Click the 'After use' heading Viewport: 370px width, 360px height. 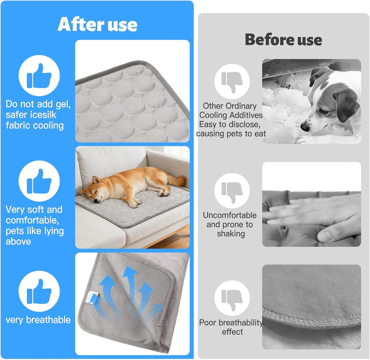point(97,24)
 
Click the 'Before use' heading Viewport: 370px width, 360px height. point(283,40)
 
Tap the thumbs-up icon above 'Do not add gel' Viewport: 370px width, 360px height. point(39,75)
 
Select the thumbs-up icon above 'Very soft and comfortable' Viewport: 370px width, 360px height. point(39,181)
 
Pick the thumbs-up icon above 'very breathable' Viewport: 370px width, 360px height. point(39,291)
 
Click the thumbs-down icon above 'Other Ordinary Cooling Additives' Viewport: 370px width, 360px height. point(232,81)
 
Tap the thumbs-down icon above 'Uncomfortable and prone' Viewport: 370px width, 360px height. point(232,191)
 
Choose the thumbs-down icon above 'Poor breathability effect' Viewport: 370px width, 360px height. point(232,298)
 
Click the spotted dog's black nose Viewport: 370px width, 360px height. point(305,127)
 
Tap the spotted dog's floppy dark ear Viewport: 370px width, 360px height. point(346,104)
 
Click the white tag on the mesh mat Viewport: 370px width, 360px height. point(92,297)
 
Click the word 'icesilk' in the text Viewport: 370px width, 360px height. point(43,115)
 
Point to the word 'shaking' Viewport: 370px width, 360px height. point(231,234)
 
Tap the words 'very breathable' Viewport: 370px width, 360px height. point(38,320)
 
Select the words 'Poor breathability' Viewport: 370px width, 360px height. point(231,323)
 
